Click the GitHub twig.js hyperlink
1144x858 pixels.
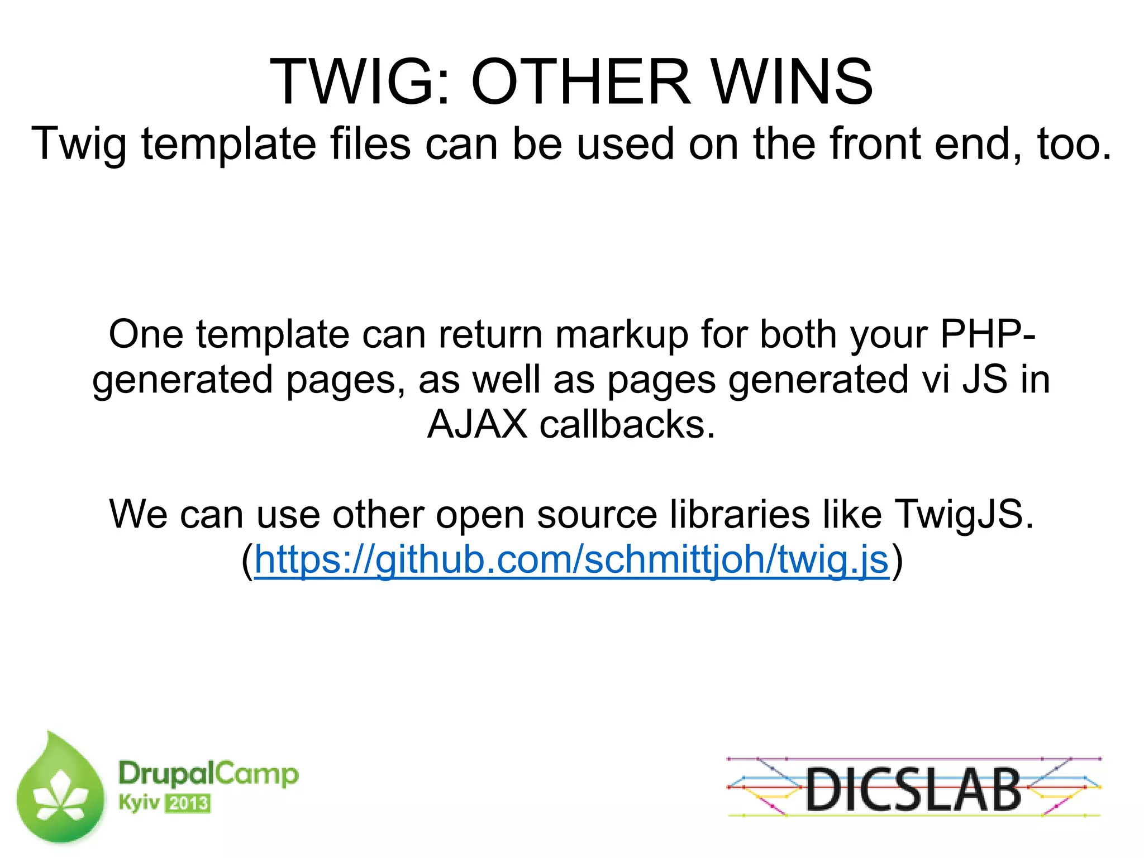[x=571, y=560]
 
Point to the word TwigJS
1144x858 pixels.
[x=964, y=514]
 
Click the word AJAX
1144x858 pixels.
[x=477, y=425]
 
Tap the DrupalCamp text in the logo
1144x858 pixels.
[x=208, y=774]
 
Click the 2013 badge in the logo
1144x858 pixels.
[x=188, y=804]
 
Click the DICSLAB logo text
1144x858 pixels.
[x=913, y=789]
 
